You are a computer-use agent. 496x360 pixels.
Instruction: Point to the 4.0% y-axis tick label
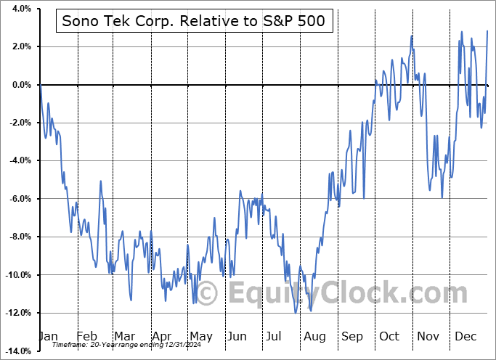coord(20,9)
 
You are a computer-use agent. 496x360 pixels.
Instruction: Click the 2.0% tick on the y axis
coord(20,46)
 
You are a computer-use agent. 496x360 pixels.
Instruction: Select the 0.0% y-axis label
coord(20,85)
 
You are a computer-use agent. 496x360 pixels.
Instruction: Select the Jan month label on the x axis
coord(47,337)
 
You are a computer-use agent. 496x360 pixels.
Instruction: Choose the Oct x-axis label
coord(389,337)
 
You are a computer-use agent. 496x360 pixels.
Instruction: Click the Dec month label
coord(465,337)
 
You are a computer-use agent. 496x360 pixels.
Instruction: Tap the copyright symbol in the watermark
coord(206,294)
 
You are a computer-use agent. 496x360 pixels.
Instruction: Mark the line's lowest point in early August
coord(296,312)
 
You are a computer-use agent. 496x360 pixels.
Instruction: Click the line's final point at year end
coord(487,31)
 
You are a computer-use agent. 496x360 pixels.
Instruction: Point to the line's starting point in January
coord(40,85)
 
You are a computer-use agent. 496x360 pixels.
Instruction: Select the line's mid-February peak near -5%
coord(100,181)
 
